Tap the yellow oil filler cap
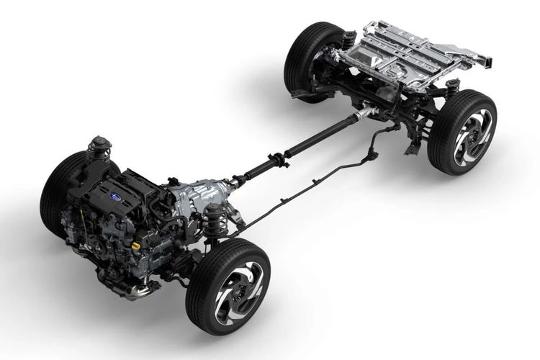pos(136,245)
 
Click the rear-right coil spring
pos(453,91)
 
